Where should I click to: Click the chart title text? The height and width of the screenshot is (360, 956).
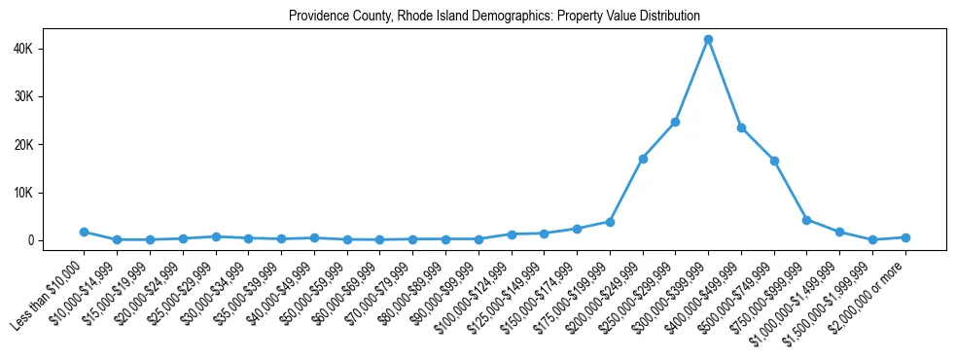point(494,16)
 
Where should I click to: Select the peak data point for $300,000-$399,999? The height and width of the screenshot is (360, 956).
point(708,39)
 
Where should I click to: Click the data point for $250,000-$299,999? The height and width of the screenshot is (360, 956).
point(675,122)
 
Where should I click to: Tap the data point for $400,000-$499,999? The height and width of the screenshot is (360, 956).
point(741,127)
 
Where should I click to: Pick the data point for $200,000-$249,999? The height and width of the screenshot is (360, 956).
point(643,159)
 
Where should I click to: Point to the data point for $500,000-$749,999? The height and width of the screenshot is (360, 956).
point(774,161)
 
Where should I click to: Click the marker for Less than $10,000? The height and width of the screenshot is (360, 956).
point(84,232)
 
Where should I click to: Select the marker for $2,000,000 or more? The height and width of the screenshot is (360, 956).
point(905,237)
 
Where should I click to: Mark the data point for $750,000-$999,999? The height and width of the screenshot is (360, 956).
point(806,220)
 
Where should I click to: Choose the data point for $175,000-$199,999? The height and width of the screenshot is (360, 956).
point(610,222)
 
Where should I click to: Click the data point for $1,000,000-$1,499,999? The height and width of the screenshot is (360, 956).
point(839,232)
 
